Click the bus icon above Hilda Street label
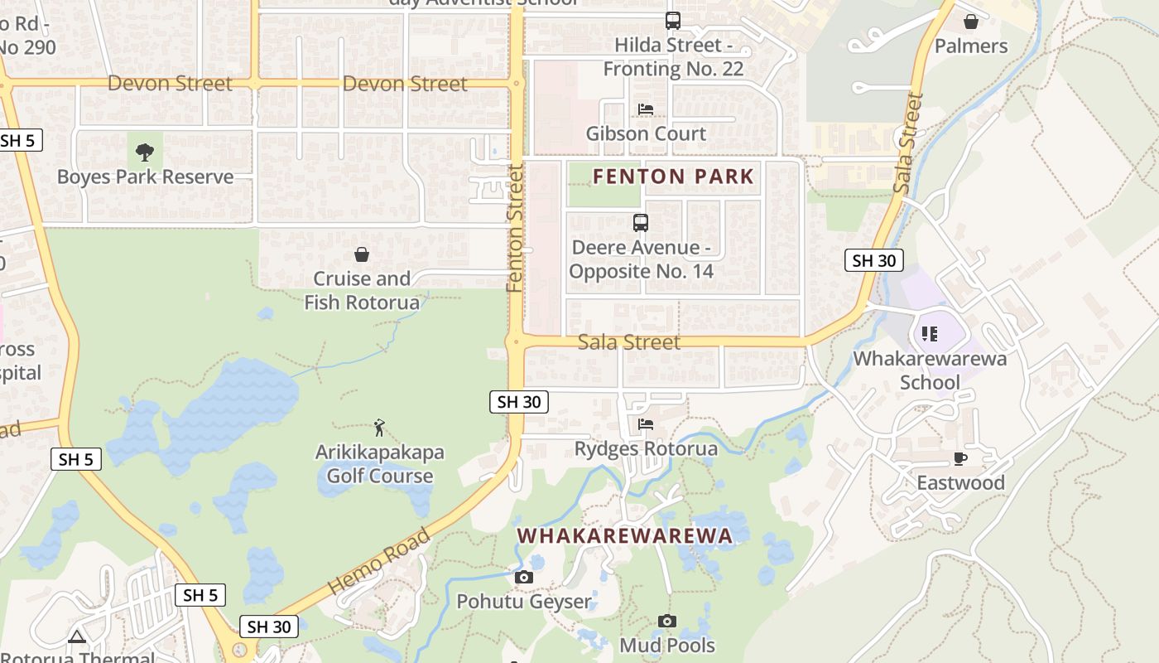673,21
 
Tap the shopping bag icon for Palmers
970,22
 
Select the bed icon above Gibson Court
646,109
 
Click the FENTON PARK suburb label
673,176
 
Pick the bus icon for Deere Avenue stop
640,223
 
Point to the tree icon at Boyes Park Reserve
145,152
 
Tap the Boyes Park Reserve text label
145,177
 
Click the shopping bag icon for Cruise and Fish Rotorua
362,254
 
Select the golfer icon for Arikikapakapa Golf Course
379,428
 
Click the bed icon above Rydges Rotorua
646,424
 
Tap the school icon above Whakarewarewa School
930,334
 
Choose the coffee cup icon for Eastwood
960,458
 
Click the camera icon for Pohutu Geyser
524,577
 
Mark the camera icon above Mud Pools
667,621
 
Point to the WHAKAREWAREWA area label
625,536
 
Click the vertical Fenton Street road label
516,228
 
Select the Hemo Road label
379,561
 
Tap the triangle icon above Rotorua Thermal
77,636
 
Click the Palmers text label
970,46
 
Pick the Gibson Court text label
646,133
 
